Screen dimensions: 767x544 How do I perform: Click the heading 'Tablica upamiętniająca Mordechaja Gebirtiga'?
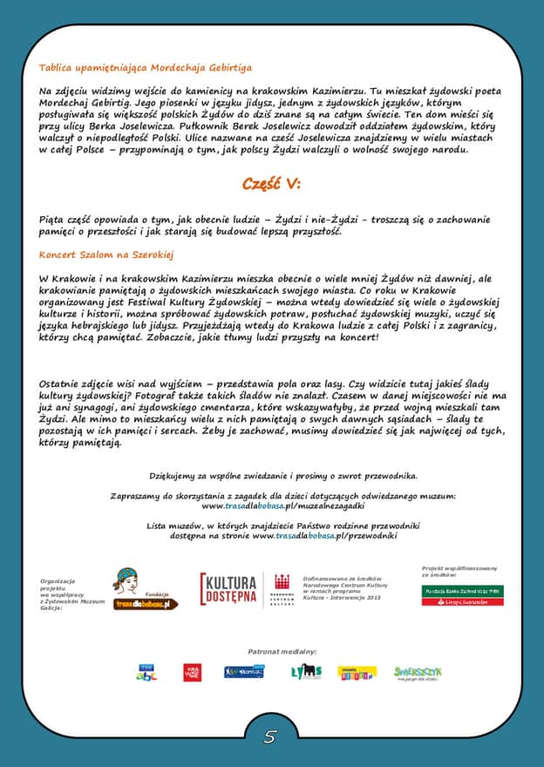(x=146, y=67)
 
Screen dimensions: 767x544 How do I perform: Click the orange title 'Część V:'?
(x=271, y=183)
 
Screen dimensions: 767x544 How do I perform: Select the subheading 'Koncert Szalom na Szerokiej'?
(x=107, y=255)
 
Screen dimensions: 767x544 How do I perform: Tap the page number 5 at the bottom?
(x=270, y=737)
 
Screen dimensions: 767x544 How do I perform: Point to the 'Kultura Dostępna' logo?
(x=228, y=589)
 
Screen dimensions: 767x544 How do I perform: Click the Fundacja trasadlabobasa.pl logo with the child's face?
(x=145, y=589)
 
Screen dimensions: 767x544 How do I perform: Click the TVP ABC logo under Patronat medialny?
(x=146, y=672)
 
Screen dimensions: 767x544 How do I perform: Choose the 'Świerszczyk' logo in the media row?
(x=418, y=672)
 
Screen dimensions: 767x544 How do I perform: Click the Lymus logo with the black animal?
(x=306, y=672)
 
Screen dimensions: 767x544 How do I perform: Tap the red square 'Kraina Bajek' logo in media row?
(x=192, y=672)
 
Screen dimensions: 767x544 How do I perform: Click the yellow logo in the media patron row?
(x=357, y=672)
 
